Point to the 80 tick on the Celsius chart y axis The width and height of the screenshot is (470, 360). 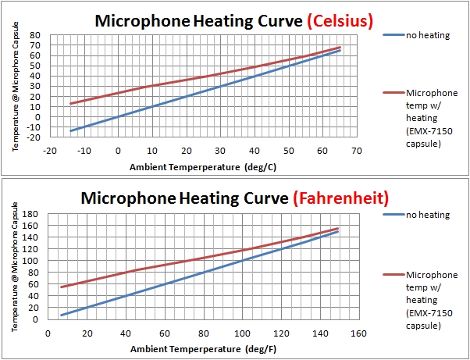34,35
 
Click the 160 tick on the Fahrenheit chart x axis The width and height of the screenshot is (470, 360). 356,333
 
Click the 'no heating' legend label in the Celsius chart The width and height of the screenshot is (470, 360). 428,35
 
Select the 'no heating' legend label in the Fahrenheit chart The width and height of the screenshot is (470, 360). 428,214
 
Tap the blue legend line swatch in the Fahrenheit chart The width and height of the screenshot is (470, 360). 395,214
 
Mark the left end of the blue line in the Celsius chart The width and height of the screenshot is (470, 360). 71,130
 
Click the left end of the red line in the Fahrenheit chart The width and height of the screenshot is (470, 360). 61,287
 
